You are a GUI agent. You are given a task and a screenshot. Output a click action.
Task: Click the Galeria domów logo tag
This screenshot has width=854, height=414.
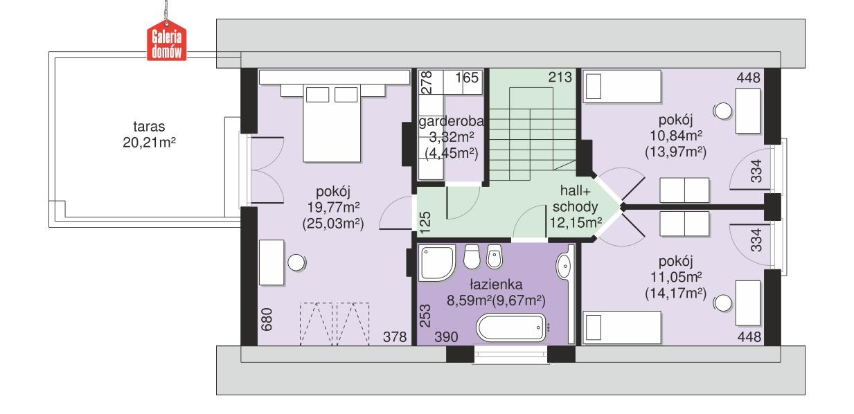tap(166, 42)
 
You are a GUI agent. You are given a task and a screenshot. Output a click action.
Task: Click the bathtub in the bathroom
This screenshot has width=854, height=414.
tap(513, 327)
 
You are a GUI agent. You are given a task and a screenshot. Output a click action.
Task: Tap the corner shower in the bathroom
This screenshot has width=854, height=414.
tap(436, 262)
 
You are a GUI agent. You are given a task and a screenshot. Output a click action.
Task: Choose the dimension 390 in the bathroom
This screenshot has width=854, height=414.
tap(446, 337)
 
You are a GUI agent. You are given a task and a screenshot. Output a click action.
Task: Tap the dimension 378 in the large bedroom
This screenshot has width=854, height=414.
tap(395, 337)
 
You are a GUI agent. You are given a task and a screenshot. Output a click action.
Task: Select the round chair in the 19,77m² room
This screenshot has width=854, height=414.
tap(297, 262)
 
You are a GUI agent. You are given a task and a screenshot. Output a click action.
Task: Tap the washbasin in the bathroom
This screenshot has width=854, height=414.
tap(564, 264)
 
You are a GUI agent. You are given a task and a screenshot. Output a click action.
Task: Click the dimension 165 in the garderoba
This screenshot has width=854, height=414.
tap(468, 78)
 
